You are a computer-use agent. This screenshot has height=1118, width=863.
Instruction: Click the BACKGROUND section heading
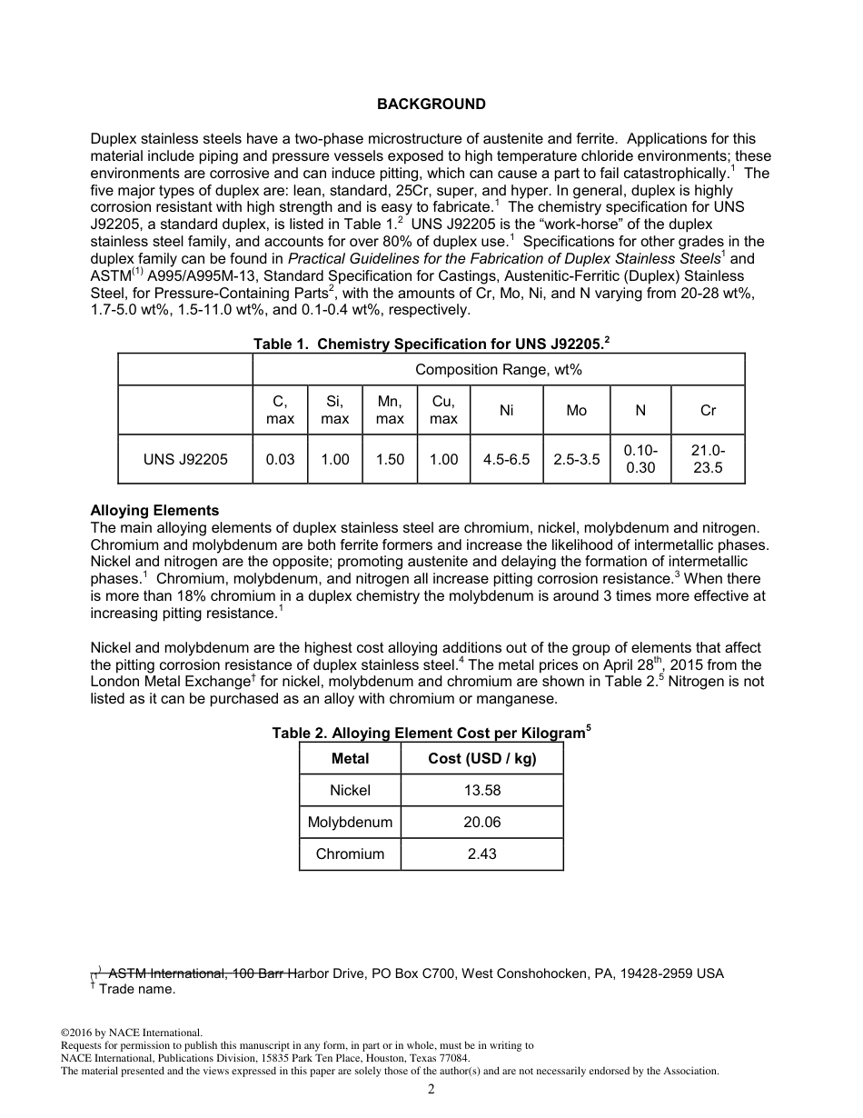tap(431, 105)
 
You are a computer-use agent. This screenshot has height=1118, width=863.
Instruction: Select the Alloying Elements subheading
tap(154, 511)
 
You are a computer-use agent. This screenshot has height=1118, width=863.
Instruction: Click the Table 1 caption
tap(431, 344)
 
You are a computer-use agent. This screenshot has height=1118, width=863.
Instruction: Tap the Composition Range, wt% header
tap(498, 369)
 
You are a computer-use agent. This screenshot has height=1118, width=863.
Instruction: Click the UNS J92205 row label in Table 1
tap(185, 459)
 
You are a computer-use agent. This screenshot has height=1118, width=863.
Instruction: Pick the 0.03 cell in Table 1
tap(280, 459)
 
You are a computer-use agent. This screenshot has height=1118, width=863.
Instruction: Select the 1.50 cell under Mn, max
tap(390, 459)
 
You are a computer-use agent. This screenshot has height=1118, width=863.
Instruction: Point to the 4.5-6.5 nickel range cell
tap(506, 459)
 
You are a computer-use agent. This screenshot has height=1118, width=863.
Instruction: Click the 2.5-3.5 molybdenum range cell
tap(577, 459)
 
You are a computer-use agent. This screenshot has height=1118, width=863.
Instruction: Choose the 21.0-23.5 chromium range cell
tap(708, 459)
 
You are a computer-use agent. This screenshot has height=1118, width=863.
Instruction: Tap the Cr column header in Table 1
tap(708, 411)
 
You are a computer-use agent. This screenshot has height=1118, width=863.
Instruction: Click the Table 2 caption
tap(431, 733)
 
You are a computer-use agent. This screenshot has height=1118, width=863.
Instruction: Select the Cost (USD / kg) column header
tap(481, 759)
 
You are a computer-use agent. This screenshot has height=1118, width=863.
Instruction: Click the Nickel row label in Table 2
tap(350, 791)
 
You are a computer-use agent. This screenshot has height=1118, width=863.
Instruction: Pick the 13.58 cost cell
tap(481, 791)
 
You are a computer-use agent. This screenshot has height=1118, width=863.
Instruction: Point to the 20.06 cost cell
tap(481, 823)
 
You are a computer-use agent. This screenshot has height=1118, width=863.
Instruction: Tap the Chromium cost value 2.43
tap(481, 854)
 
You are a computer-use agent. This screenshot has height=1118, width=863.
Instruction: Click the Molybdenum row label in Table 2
tap(350, 823)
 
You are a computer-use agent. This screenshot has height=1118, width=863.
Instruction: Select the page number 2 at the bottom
tap(431, 1091)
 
